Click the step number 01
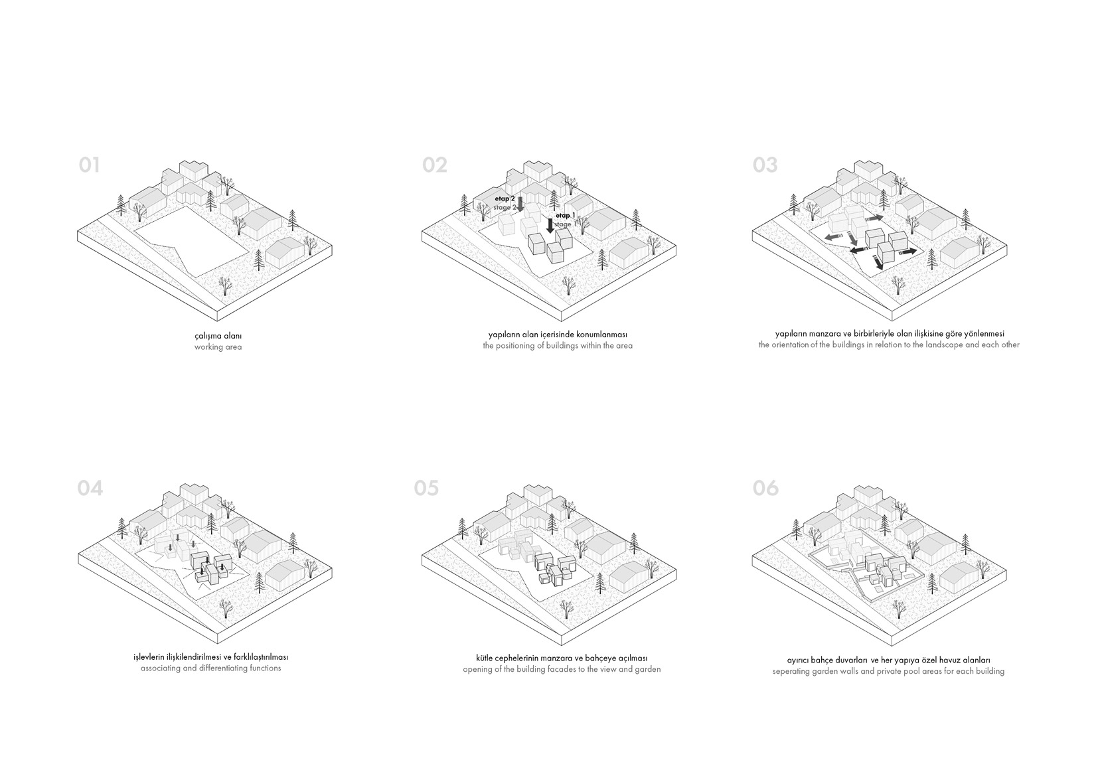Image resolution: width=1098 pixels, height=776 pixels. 89,165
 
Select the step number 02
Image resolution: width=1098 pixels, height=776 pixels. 435,165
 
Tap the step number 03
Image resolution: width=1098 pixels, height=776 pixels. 765,165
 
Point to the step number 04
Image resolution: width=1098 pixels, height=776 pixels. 90,489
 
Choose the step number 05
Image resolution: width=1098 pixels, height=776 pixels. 426,489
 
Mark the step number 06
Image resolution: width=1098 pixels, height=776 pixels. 765,489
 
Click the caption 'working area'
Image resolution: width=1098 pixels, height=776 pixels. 218,347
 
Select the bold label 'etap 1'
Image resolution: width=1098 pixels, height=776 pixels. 565,216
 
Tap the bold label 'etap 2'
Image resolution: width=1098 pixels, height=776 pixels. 505,198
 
